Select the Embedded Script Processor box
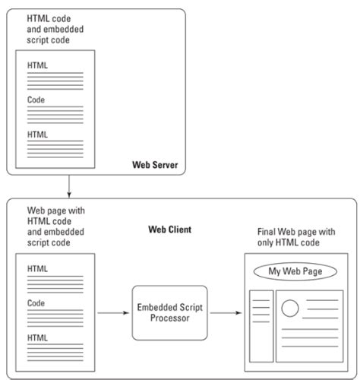(x=170, y=312)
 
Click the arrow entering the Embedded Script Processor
(x=114, y=312)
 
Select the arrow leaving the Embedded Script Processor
(x=223, y=312)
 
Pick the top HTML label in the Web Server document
(x=38, y=65)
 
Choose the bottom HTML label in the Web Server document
(x=38, y=134)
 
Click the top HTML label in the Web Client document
(x=38, y=268)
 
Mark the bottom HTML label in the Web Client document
(x=38, y=337)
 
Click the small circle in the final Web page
(x=289, y=309)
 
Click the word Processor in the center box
(x=170, y=318)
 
